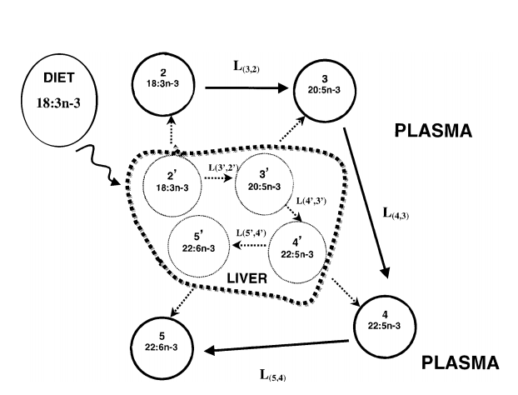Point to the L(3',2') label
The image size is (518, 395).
point(221,168)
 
